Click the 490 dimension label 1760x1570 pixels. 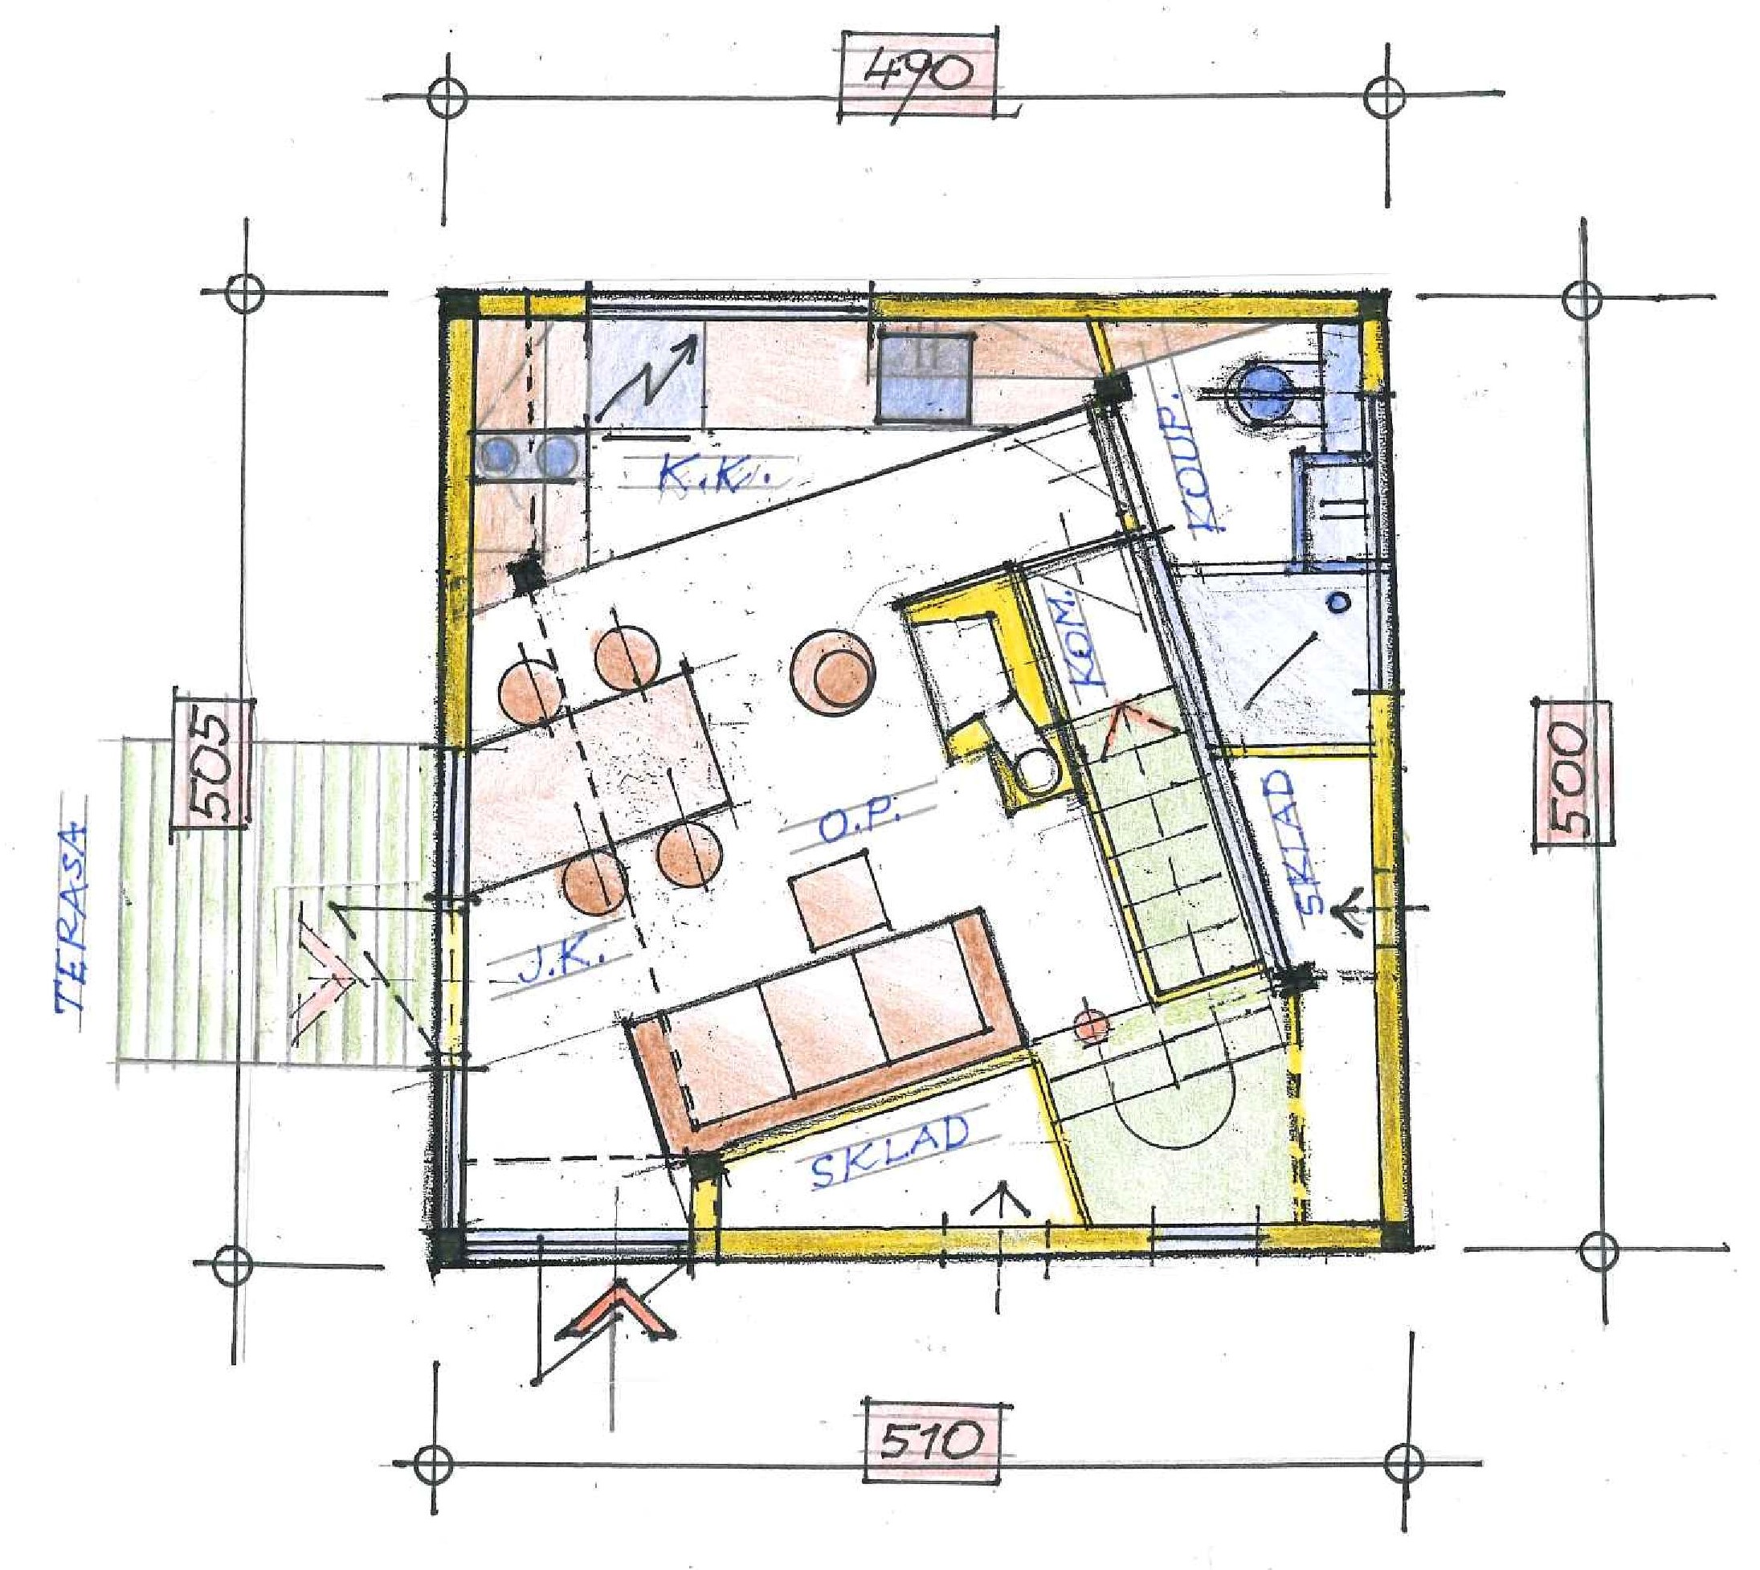coord(917,72)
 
